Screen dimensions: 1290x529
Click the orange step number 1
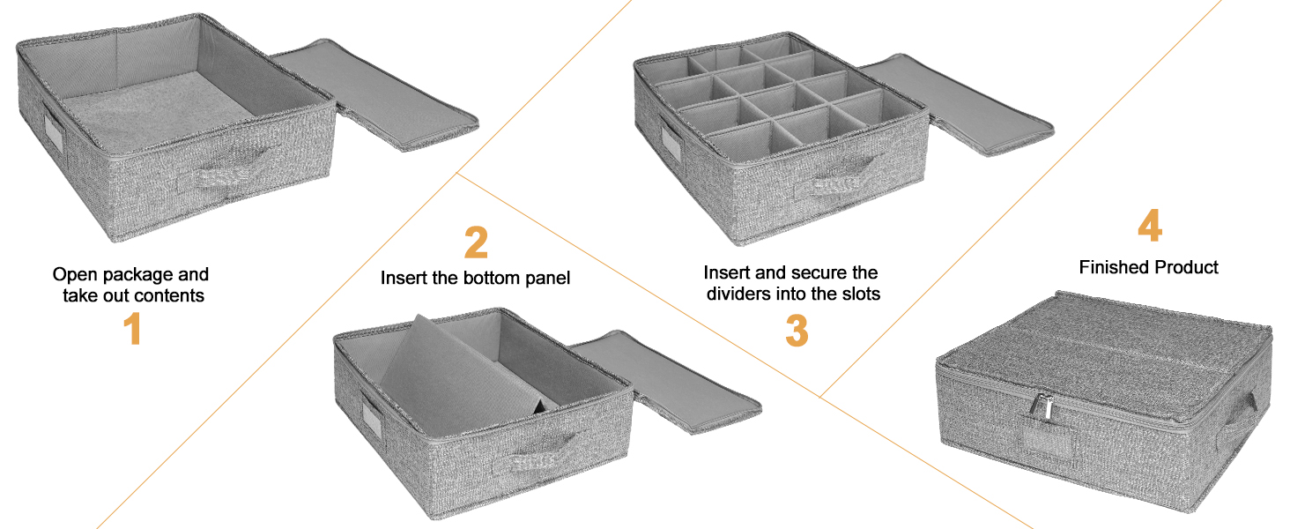pyautogui.click(x=133, y=329)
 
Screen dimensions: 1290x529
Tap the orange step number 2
pyautogui.click(x=477, y=242)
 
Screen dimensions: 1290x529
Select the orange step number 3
pyautogui.click(x=797, y=331)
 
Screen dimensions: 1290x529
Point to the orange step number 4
pyautogui.click(x=1150, y=226)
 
